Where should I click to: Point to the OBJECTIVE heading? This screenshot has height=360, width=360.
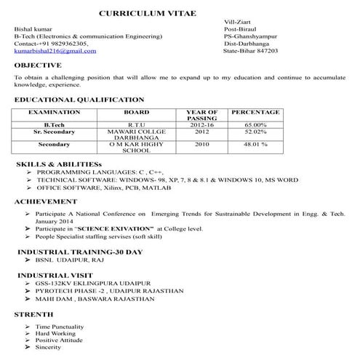(x=37, y=65)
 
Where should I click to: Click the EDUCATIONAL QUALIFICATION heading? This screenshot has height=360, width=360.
(x=79, y=99)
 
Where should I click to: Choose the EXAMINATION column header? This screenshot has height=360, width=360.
(x=54, y=113)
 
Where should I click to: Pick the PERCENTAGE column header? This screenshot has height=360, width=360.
(x=255, y=113)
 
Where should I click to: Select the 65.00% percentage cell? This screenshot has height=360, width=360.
(x=255, y=125)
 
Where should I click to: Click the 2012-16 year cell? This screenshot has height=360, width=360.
(x=201, y=125)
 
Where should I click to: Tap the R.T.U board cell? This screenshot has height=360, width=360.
(x=136, y=125)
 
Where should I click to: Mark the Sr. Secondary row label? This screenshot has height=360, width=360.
(x=54, y=132)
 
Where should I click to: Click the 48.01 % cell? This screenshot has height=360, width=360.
(x=255, y=144)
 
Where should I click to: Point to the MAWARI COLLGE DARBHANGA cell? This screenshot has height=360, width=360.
(x=136, y=135)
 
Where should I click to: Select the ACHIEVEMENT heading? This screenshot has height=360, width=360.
(x=45, y=200)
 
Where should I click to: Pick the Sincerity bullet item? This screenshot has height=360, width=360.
(x=48, y=348)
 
